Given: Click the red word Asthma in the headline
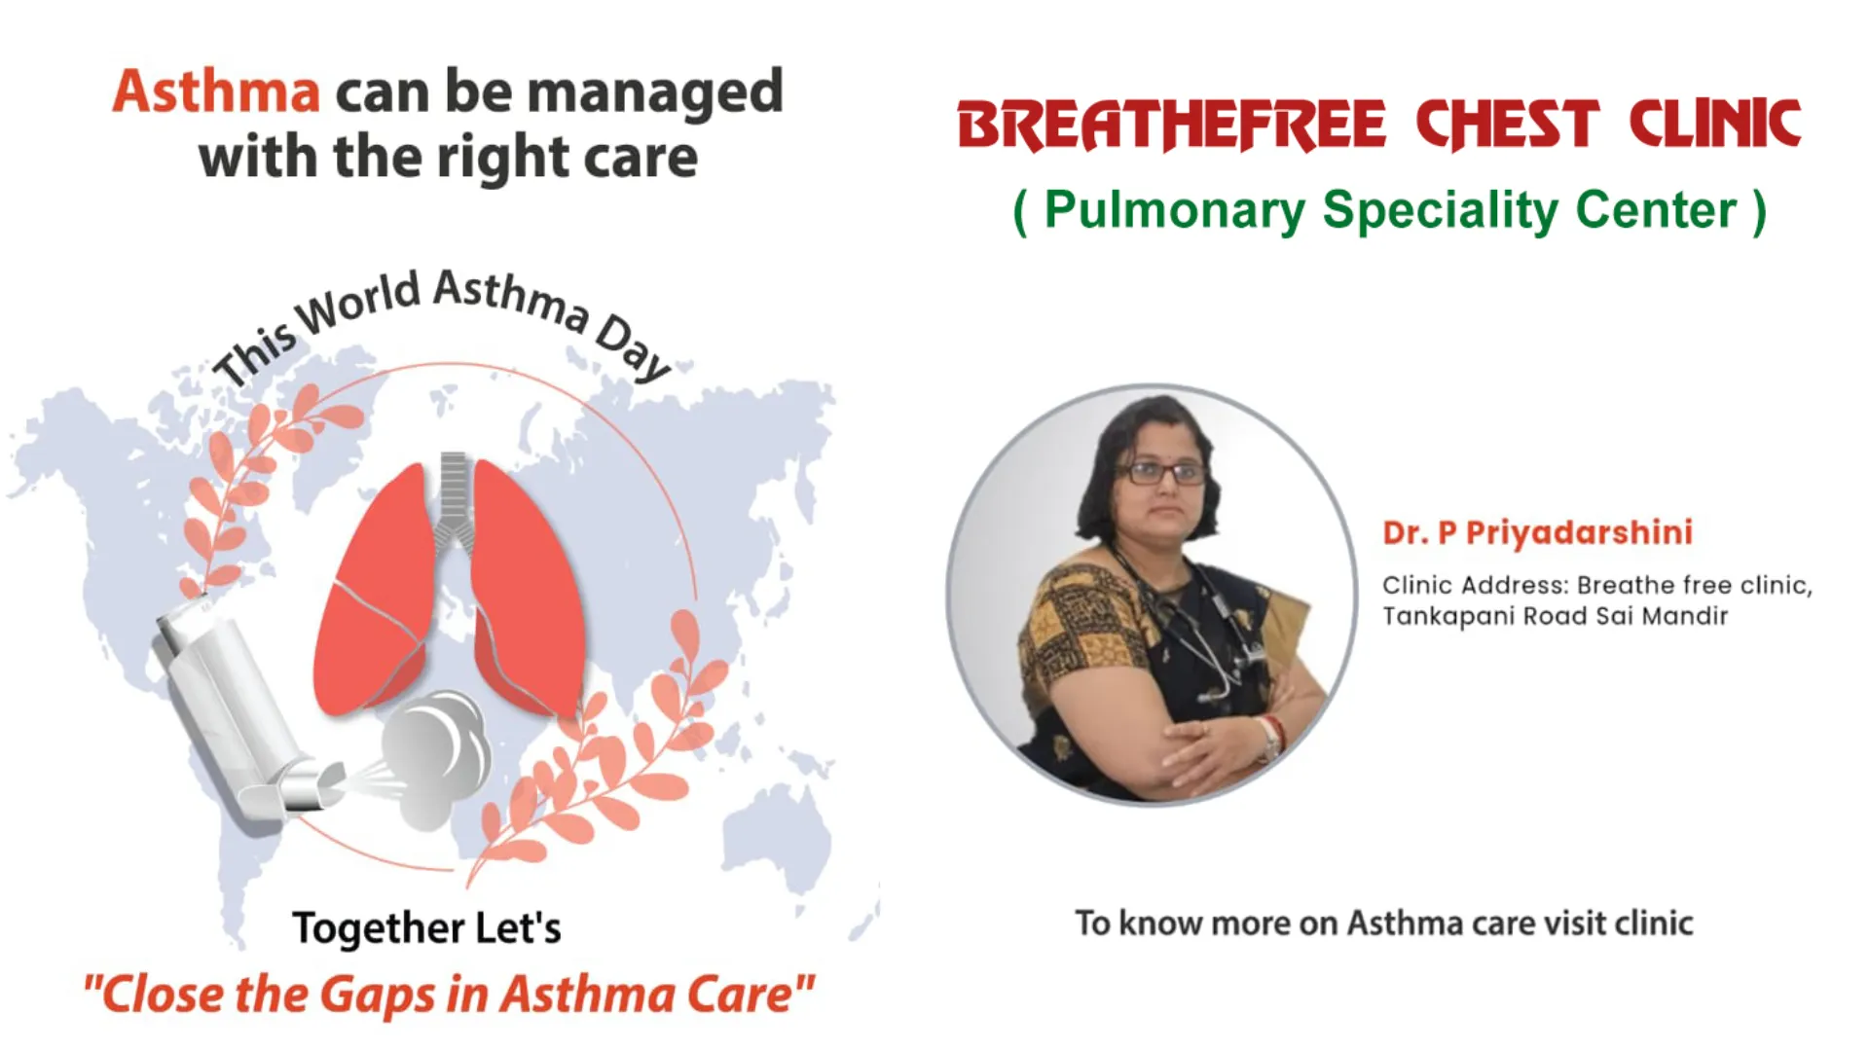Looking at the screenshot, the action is (x=216, y=91).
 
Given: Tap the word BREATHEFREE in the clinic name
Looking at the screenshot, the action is (x=1171, y=126).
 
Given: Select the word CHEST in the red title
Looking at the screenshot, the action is (x=1507, y=126).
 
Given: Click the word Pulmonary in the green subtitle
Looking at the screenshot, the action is (x=1175, y=211).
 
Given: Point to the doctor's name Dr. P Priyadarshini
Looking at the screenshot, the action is (x=1537, y=532).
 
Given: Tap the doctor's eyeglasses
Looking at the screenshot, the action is (x=1165, y=474).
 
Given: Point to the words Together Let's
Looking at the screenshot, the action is (x=426, y=928).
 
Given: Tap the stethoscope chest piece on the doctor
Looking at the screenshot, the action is (x=1212, y=695).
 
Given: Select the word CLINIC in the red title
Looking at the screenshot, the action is (x=1714, y=126).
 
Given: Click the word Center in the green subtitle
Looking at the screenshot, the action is (x=1655, y=209).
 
